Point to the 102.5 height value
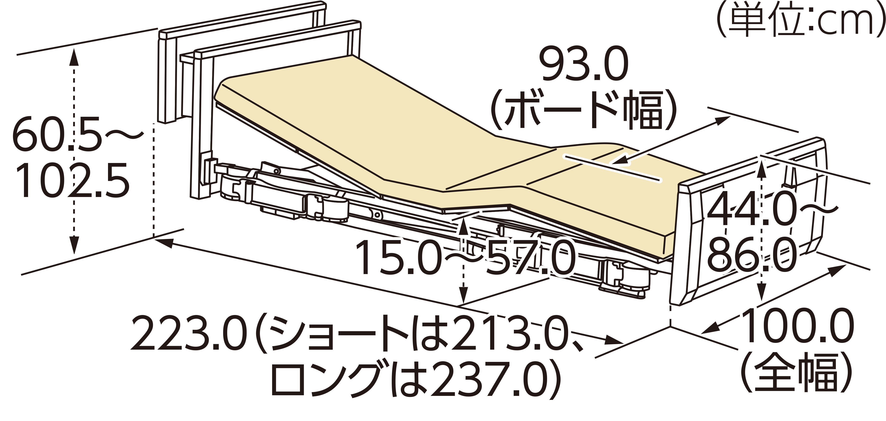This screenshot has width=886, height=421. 72,180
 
